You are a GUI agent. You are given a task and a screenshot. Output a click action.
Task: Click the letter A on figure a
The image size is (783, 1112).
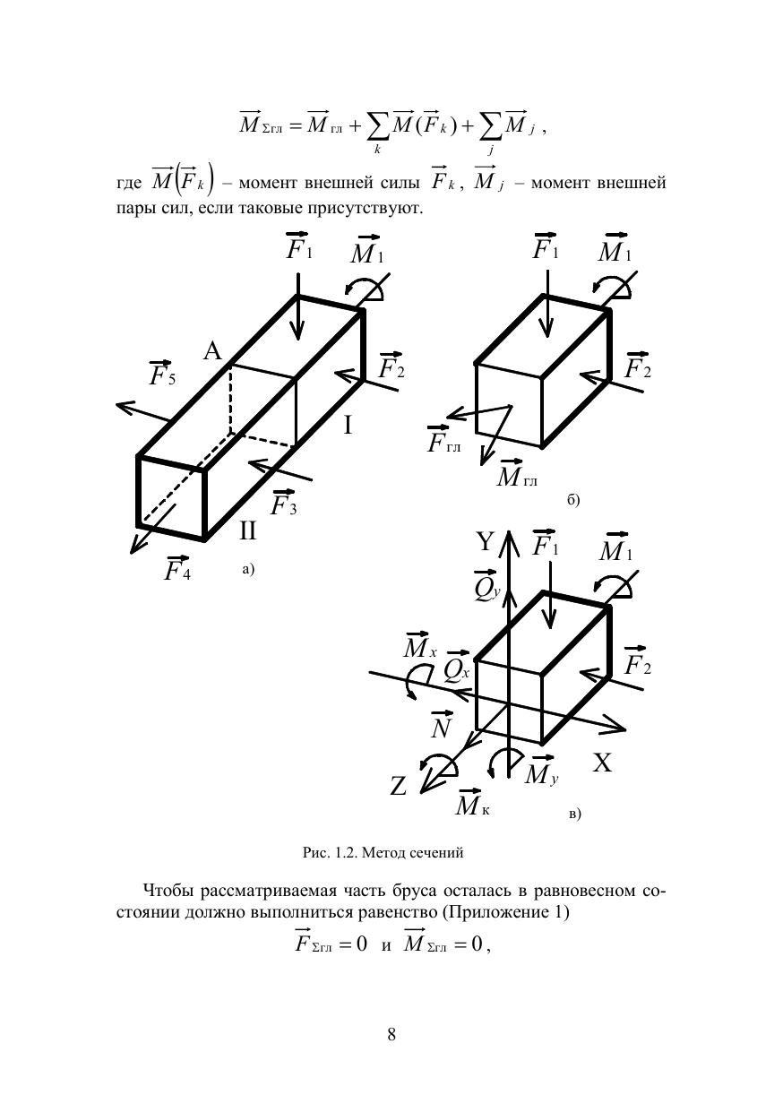click(x=212, y=351)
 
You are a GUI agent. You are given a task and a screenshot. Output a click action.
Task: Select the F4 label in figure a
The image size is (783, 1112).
click(x=176, y=568)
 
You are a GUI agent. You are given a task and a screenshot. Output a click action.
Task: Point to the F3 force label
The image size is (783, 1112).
click(x=284, y=504)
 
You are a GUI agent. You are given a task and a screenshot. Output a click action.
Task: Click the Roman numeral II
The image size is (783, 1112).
click(x=248, y=531)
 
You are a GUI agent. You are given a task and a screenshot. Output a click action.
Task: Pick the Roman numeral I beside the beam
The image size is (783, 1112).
click(x=348, y=426)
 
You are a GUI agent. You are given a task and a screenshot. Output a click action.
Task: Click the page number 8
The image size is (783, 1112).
click(x=391, y=1035)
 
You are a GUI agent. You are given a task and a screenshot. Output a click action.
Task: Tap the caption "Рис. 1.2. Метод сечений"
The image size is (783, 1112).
click(x=383, y=853)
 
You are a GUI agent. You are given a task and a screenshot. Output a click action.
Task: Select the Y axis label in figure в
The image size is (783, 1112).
click(x=485, y=542)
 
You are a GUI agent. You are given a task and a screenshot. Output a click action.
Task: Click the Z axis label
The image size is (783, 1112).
click(x=399, y=787)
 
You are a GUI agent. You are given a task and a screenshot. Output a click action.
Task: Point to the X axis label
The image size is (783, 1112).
click(x=603, y=763)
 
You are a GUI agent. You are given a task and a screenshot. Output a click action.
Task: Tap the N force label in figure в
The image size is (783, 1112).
click(x=441, y=727)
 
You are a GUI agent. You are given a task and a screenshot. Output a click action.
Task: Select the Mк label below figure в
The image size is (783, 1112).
click(x=472, y=805)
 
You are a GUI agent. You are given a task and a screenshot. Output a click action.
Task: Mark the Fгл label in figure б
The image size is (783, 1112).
click(x=443, y=441)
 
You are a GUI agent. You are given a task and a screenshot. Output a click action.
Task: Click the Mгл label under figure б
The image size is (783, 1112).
click(x=517, y=477)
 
